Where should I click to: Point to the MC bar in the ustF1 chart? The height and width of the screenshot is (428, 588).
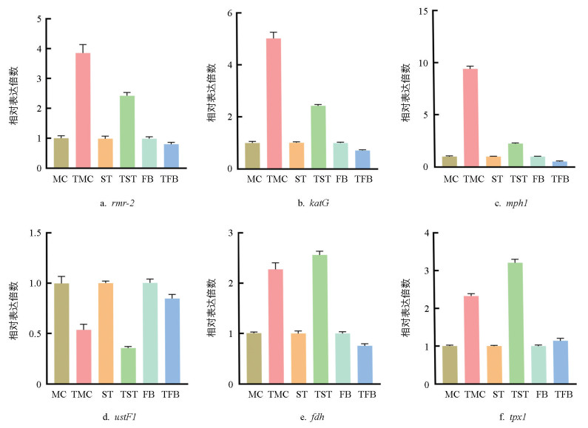coord(61,333)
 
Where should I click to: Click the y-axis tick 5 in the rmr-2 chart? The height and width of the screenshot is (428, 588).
coord(38,18)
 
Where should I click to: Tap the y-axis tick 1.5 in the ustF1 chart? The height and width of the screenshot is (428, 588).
coord(34,234)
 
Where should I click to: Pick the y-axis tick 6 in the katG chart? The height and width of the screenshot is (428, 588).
coord(230,13)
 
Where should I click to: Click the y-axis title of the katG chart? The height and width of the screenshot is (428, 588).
coord(211,91)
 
